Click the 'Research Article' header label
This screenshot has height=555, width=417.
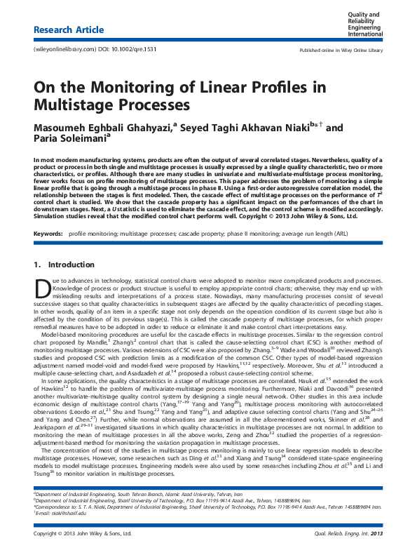click(x=69, y=30)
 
